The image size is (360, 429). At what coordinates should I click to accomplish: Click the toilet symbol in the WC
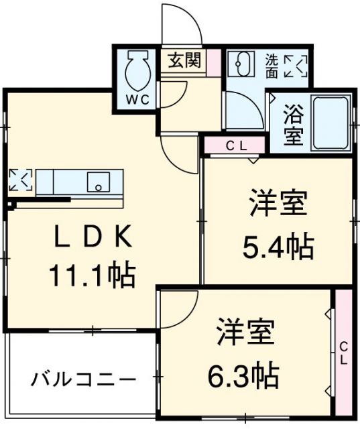point(138,70)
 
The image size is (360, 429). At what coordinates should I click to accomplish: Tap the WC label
point(137,100)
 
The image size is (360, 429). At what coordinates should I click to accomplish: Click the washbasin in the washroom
point(241,64)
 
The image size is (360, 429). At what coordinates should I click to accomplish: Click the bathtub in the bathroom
point(331,123)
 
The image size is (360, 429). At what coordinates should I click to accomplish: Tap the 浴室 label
point(293,125)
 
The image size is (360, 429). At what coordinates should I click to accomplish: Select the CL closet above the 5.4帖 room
point(235,145)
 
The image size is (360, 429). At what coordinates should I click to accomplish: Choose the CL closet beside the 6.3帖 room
point(344,353)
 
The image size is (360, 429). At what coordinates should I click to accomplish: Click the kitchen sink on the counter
point(99,182)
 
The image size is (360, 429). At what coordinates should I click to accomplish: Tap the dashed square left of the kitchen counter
point(21,180)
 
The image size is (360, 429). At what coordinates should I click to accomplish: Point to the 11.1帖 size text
point(93,275)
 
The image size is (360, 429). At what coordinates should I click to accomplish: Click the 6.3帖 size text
point(243,376)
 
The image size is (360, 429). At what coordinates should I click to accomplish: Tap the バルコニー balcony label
point(83,379)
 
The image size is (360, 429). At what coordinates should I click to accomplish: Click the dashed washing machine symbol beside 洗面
point(296,66)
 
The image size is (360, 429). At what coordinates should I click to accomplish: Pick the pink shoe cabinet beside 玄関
point(213,62)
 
